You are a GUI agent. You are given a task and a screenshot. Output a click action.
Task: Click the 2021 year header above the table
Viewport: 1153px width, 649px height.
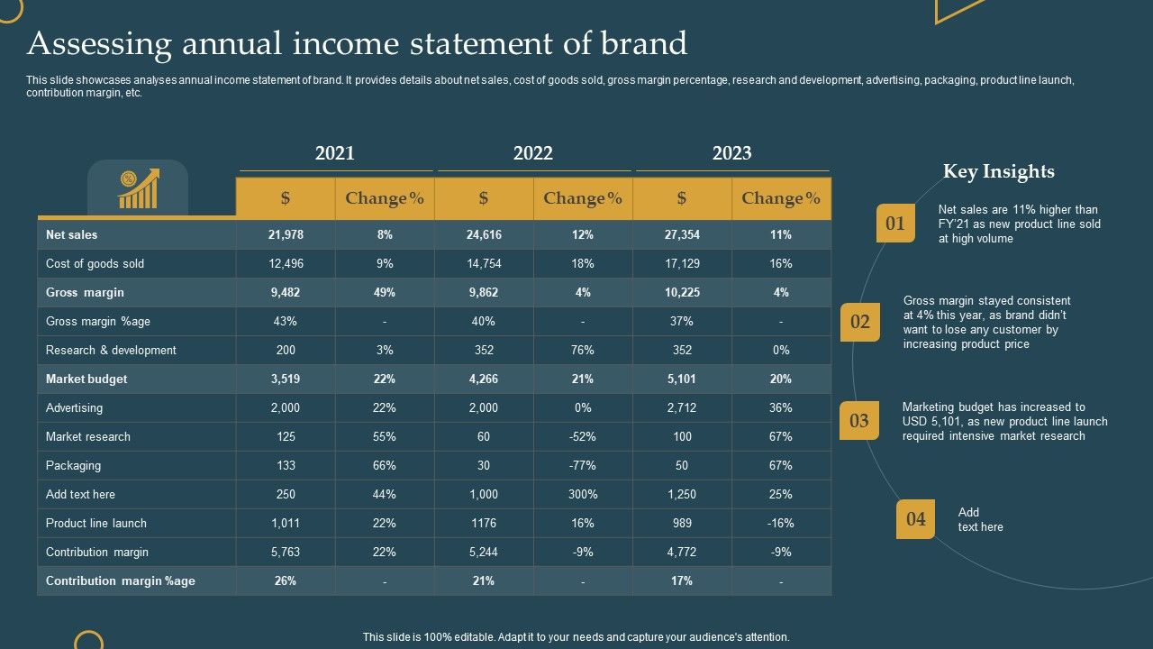coord(335,153)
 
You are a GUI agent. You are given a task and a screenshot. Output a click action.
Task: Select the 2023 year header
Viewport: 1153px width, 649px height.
coord(731,153)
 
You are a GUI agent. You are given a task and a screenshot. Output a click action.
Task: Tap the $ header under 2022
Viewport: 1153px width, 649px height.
coord(484,198)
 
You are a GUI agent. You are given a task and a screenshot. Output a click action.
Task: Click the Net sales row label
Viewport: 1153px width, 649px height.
coord(72,234)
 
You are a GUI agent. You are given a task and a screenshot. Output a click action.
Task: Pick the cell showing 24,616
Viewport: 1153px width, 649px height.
coord(484,234)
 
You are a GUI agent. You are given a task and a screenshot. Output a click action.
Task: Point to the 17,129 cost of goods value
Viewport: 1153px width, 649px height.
coord(682,263)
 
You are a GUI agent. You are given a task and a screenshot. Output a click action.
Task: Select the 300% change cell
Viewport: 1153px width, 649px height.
coord(583,494)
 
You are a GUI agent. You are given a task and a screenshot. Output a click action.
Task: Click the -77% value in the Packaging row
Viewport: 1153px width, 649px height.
coord(583,465)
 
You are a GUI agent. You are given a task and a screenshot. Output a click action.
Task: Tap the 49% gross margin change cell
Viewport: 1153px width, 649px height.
coord(385,292)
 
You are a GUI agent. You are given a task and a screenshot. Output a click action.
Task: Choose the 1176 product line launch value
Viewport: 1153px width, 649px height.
coord(484,523)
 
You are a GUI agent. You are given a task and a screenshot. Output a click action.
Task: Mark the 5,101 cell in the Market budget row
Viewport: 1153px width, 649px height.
coord(682,379)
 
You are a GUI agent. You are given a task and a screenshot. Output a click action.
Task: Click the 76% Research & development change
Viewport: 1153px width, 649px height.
coord(583,350)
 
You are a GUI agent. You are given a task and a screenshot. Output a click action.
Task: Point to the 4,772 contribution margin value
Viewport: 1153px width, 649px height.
coord(682,552)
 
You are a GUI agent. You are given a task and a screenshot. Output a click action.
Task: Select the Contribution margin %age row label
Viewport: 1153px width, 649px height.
coord(121,580)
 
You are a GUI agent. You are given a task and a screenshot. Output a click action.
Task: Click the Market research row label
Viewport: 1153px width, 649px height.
coord(88,436)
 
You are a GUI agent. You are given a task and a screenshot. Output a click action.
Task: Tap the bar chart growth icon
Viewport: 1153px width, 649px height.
coord(138,188)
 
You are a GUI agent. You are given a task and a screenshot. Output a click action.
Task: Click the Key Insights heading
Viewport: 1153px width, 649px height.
coord(998,171)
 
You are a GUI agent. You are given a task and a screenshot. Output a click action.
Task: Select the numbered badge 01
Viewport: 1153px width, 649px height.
coord(895,224)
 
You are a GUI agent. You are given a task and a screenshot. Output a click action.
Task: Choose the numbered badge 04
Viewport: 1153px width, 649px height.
coord(915,519)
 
